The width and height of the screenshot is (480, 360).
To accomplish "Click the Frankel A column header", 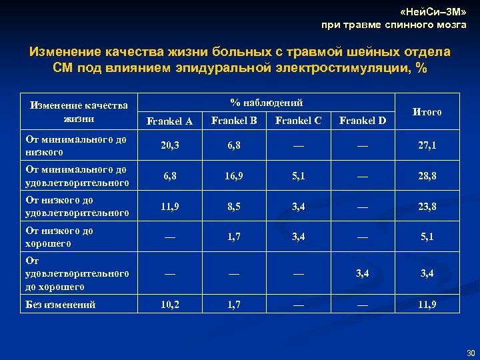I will [x=169, y=121].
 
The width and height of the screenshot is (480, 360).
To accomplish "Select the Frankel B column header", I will [x=234, y=121].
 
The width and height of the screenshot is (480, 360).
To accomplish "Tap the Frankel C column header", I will [x=298, y=121].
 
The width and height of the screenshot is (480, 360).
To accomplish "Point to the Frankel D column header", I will [x=363, y=121].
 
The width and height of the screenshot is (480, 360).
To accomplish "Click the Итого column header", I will [x=427, y=112].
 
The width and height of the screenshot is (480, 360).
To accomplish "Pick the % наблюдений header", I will [x=266, y=103].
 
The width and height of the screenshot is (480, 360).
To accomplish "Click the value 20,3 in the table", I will [x=169, y=145].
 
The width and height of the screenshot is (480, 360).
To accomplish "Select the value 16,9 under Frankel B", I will [x=234, y=176].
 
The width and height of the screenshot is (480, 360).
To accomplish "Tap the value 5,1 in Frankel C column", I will [x=298, y=176].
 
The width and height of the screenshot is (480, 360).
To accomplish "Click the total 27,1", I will [x=427, y=145].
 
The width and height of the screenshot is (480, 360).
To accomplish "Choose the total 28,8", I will [x=427, y=176].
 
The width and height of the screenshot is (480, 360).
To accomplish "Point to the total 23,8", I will [x=427, y=207].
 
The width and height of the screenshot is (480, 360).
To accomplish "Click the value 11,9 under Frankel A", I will [x=169, y=207].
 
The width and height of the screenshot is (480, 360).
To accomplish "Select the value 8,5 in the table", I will [x=234, y=207].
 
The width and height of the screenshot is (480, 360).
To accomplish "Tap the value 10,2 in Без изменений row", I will [x=169, y=304].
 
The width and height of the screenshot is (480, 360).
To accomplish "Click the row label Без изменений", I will [x=60, y=305].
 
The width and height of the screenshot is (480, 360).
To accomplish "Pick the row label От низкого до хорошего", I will [x=59, y=237].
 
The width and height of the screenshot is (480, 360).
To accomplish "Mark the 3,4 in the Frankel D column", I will [x=363, y=272].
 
